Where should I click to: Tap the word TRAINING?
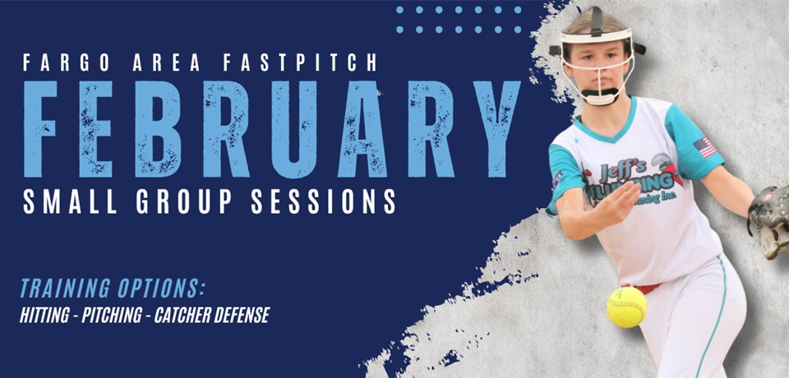click(67, 289)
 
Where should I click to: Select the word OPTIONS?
click(161, 289)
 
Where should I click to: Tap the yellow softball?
click(626, 307)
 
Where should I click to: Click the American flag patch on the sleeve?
click(704, 148)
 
